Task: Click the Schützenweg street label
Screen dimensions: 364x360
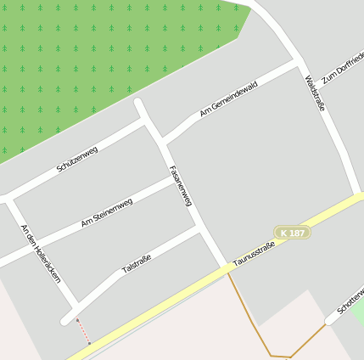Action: tap(77, 159)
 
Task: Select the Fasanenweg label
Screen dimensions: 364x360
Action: tap(182, 186)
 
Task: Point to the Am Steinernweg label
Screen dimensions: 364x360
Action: tap(107, 212)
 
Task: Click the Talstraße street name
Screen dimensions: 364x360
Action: tap(137, 264)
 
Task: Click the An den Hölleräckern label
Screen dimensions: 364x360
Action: tap(41, 253)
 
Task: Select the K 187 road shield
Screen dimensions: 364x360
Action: tap(292, 232)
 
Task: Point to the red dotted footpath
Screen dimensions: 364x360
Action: tap(83, 330)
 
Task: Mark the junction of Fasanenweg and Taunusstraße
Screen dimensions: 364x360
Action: tap(227, 270)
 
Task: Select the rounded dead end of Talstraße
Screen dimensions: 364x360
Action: tap(66, 320)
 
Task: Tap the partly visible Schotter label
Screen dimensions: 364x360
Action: tap(350, 301)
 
